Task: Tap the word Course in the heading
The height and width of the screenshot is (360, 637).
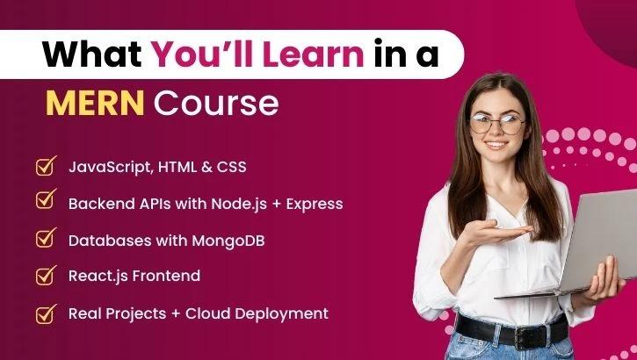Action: (216, 104)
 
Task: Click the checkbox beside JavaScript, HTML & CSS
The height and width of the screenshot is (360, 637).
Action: (45, 166)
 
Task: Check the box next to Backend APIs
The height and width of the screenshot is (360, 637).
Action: (45, 202)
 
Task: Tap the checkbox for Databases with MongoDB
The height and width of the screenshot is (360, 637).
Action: (45, 239)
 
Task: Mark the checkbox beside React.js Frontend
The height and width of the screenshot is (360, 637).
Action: (45, 275)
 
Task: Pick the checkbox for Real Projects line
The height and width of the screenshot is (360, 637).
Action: (45, 312)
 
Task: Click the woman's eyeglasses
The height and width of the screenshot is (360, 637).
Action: (497, 123)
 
